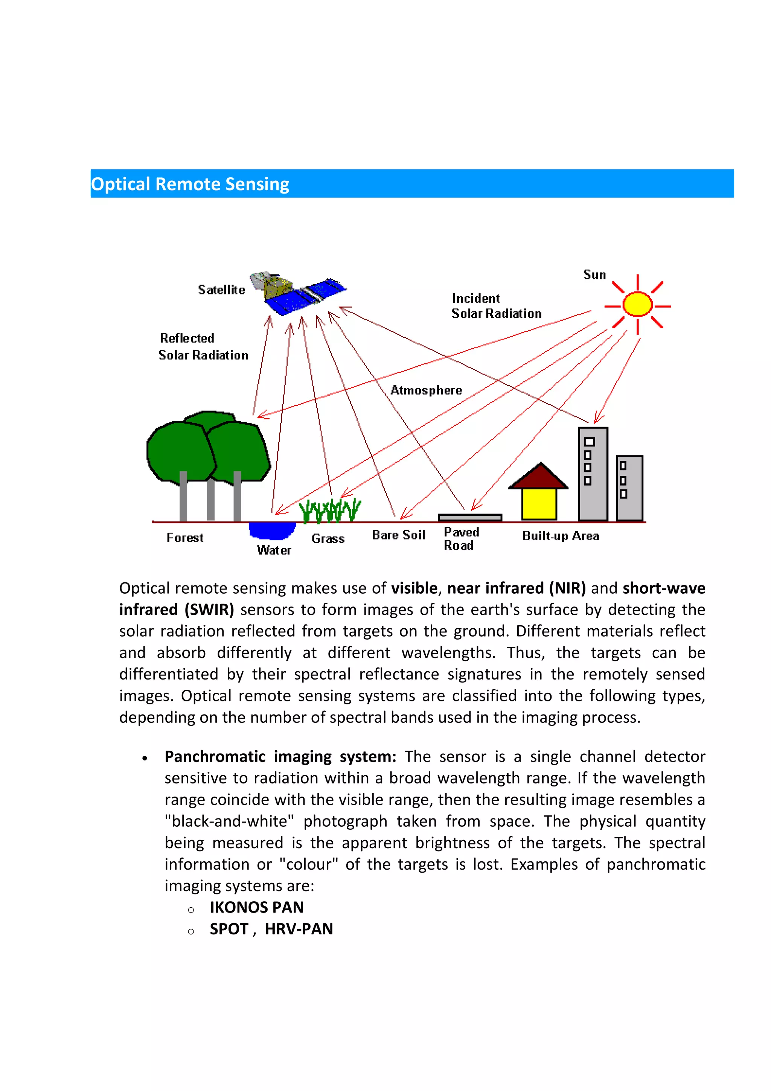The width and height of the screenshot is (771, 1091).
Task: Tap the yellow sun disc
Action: click(637, 305)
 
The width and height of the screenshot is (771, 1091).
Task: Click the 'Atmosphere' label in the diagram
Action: click(426, 390)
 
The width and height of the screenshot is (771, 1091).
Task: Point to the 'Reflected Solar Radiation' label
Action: click(203, 346)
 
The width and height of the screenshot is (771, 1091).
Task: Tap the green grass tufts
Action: click(330, 510)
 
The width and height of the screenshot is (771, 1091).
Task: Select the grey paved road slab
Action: click(469, 517)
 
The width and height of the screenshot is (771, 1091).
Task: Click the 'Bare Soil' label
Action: click(398, 535)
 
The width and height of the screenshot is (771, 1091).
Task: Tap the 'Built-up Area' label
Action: click(561, 536)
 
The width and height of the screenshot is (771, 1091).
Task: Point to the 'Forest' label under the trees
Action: click(185, 538)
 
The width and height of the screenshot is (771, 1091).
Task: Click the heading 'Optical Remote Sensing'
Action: click(190, 184)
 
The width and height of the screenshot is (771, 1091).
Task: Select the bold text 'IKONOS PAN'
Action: click(256, 907)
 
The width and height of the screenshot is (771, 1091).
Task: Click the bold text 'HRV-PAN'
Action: click(299, 928)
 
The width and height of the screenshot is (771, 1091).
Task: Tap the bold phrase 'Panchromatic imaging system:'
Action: click(280, 756)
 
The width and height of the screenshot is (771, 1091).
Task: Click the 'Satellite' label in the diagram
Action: click(221, 290)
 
